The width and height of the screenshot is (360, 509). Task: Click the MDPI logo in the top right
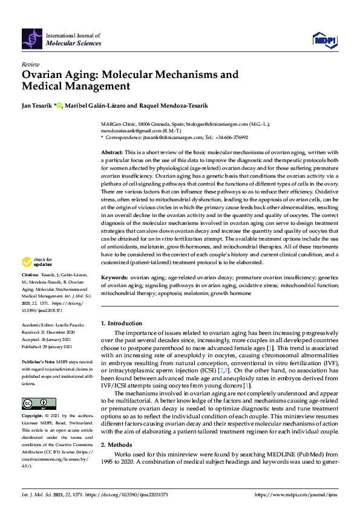[x=324, y=40]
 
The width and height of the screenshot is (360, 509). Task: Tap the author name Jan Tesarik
[x=36, y=105]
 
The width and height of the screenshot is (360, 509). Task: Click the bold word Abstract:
[x=112, y=152]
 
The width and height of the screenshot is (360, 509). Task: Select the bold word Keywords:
[x=114, y=277]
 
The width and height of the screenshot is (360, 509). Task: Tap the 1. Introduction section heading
[x=121, y=324]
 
